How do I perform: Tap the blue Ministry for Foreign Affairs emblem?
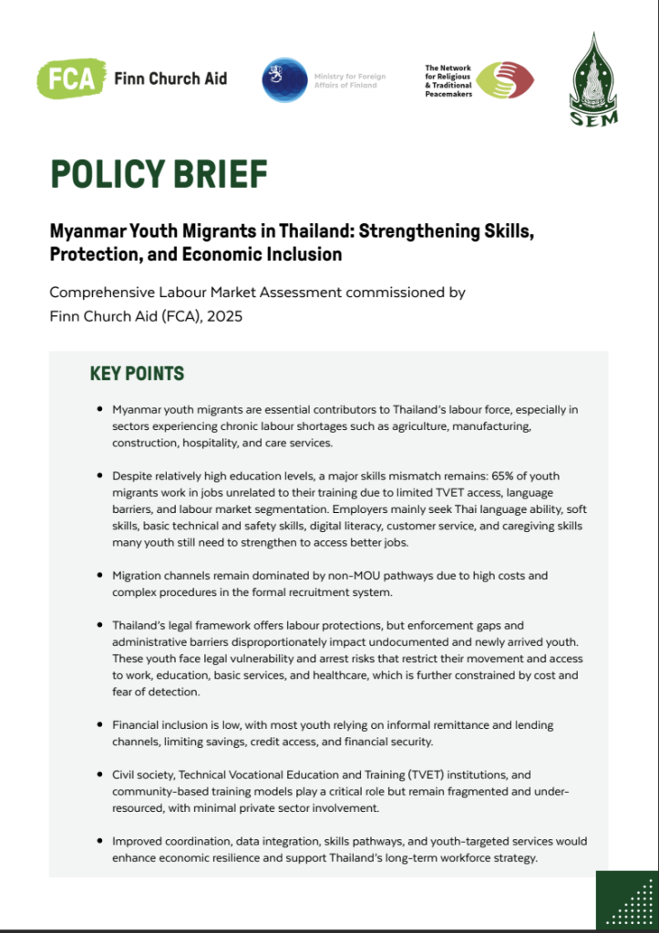(x=284, y=79)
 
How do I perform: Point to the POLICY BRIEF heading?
(x=159, y=173)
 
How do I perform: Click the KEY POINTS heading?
(x=137, y=374)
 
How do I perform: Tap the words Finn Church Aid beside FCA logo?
(x=170, y=78)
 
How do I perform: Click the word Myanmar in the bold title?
(x=88, y=231)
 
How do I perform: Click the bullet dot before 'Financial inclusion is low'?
(x=98, y=724)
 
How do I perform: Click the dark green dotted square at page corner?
(x=627, y=900)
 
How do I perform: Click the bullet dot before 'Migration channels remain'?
(x=98, y=576)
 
